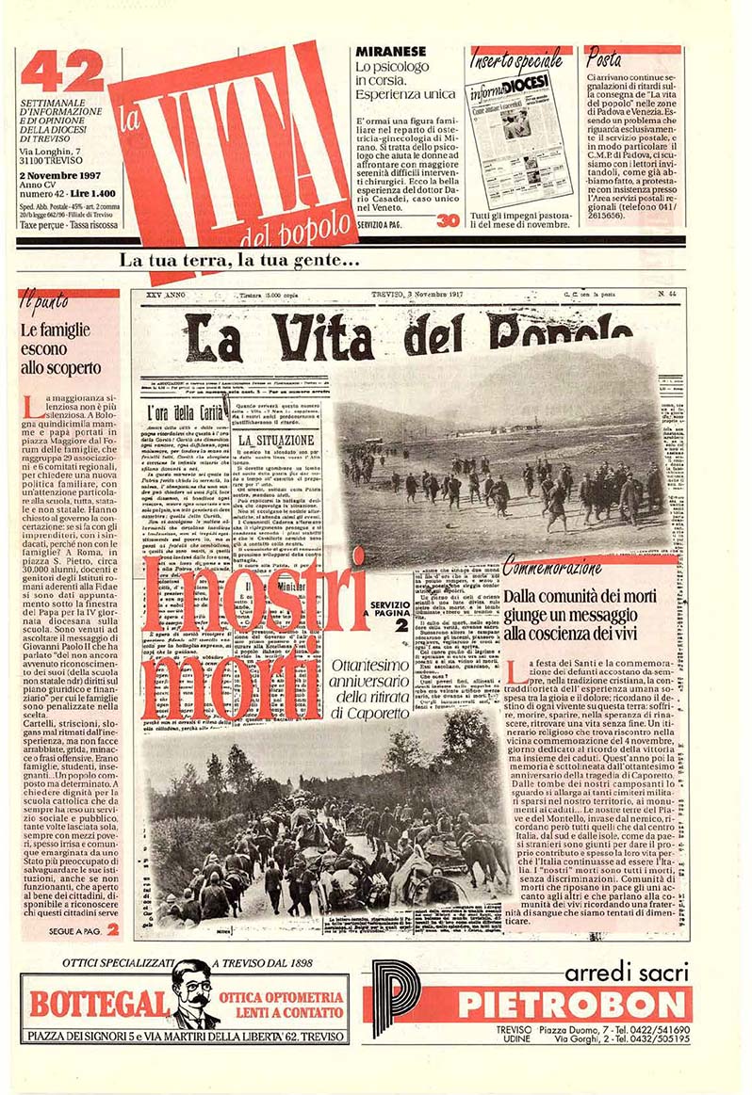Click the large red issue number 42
[x=62, y=71]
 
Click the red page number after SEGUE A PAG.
[x=111, y=929]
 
